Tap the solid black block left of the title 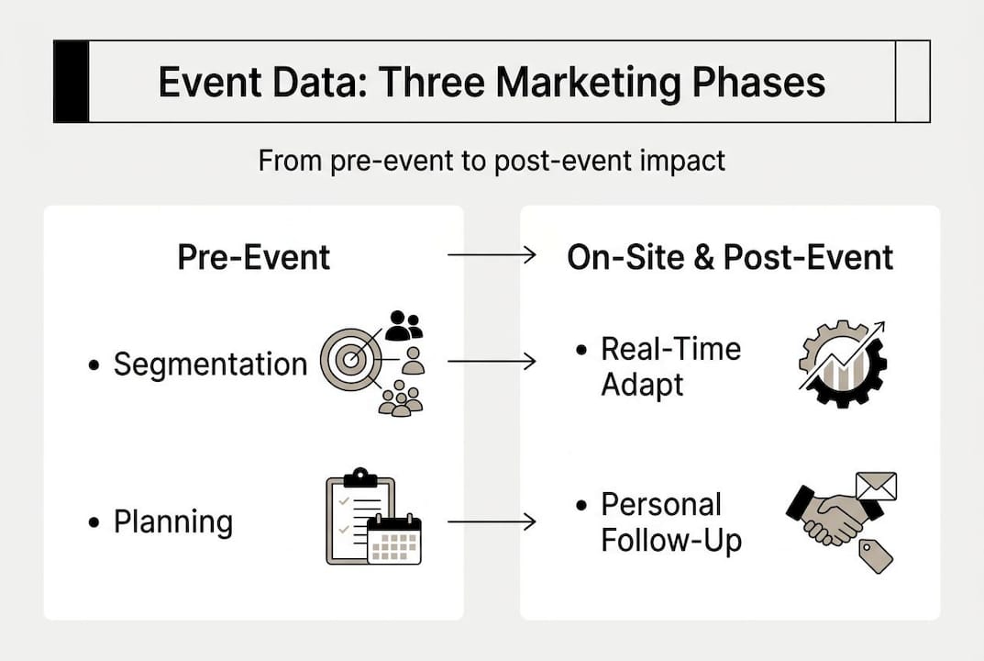71,82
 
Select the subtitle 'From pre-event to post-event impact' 492,161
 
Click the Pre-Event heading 253,257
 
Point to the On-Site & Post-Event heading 730,257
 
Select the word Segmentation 210,364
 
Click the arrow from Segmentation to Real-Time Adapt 492,363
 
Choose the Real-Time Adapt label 670,365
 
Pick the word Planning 172,522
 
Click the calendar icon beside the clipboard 394,540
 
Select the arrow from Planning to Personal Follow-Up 492,522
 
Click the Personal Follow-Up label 670,522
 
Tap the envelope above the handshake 875,487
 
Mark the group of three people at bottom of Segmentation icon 401,399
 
